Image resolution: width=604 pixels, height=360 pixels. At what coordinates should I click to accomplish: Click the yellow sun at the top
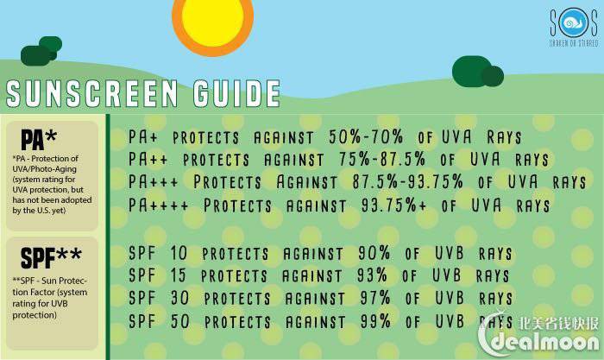pyautogui.click(x=212, y=22)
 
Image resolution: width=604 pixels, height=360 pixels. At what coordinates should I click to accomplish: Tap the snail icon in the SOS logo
pyautogui.click(x=574, y=22)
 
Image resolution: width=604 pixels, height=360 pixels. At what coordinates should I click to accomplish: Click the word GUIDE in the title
pyautogui.click(x=236, y=93)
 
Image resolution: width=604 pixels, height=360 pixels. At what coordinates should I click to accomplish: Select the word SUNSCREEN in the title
pyautogui.click(x=92, y=93)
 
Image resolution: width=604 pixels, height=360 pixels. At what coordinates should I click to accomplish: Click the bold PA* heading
pyautogui.click(x=39, y=139)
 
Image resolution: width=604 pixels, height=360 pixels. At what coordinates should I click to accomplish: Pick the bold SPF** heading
pyautogui.click(x=51, y=257)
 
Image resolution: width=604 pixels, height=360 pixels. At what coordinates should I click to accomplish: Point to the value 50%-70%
pyautogui.click(x=366, y=136)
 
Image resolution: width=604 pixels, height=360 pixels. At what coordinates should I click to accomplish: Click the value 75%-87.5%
pyautogui.click(x=382, y=159)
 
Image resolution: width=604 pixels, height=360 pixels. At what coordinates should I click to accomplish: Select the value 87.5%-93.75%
pyautogui.click(x=407, y=181)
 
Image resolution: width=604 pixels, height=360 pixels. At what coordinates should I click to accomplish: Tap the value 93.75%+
pyautogui.click(x=393, y=205)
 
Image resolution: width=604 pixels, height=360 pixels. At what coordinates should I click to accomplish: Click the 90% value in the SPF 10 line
pyautogui.click(x=374, y=253)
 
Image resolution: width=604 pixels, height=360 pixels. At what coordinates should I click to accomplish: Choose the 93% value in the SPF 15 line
pyautogui.click(x=372, y=275)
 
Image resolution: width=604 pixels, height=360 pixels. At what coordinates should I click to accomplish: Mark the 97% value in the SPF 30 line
pyautogui.click(x=375, y=298)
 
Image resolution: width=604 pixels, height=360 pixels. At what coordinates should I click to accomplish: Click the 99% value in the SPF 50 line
pyautogui.click(x=375, y=321)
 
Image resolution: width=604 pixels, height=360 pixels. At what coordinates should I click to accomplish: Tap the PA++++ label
pyautogui.click(x=158, y=205)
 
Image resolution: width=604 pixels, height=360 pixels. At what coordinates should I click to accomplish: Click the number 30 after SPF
pyautogui.click(x=179, y=298)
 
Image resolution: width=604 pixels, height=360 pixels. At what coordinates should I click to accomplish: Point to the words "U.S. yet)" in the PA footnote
pyautogui.click(x=52, y=211)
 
